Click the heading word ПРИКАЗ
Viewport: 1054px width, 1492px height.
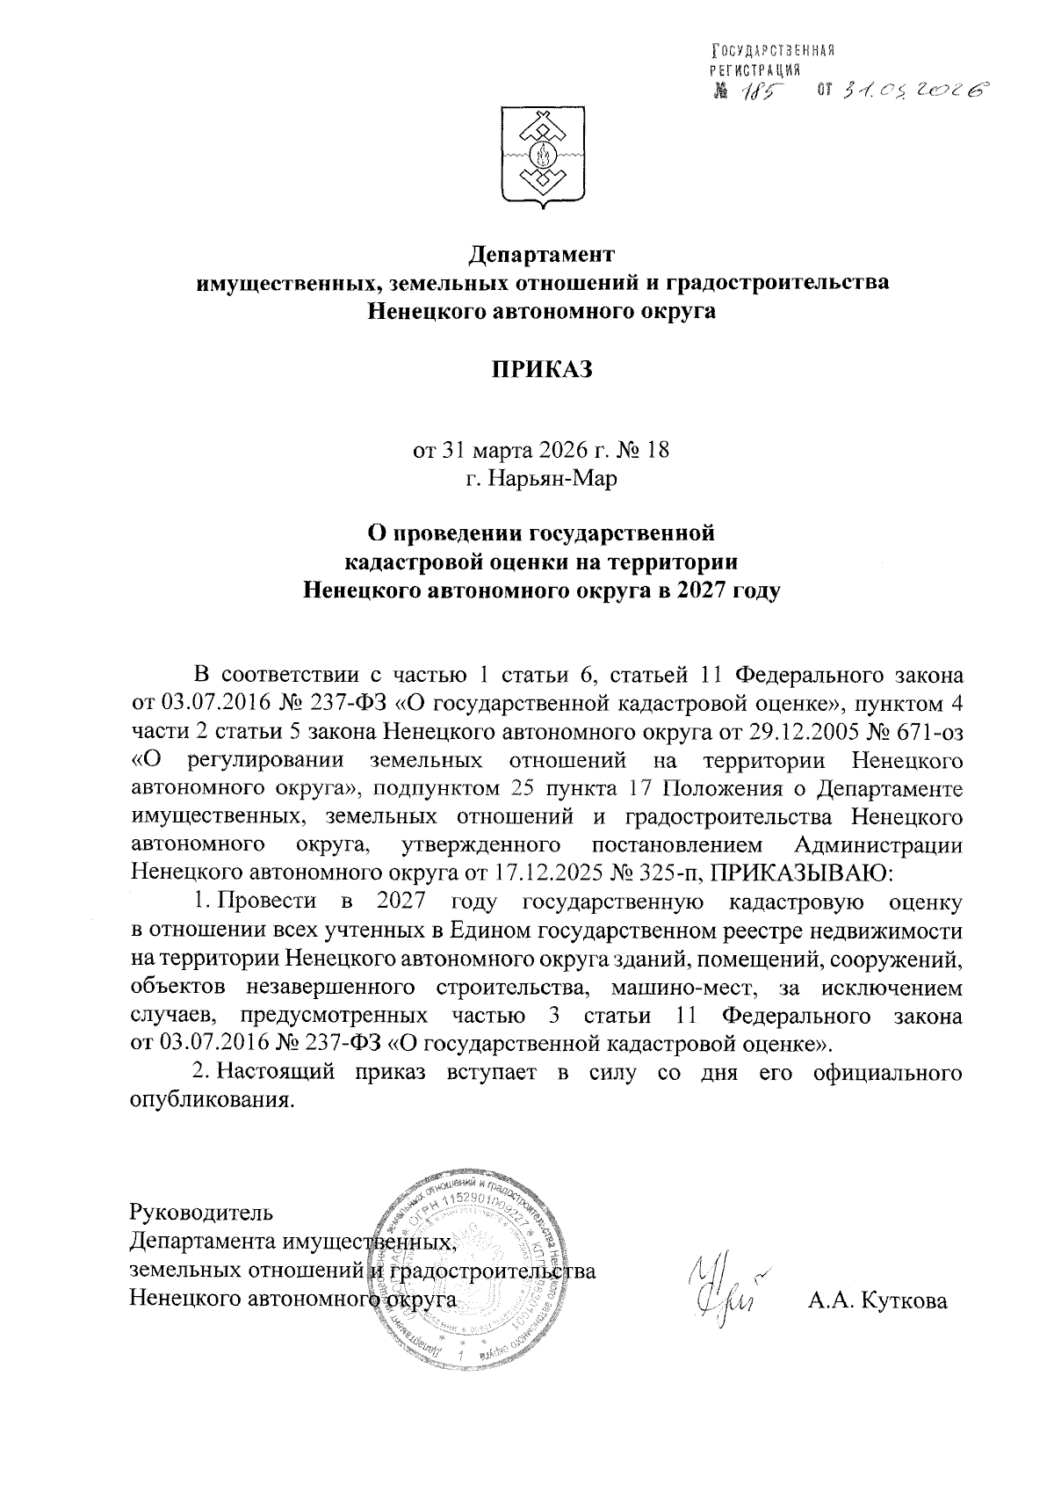(542, 371)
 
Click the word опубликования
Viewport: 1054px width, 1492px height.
(210, 1101)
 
